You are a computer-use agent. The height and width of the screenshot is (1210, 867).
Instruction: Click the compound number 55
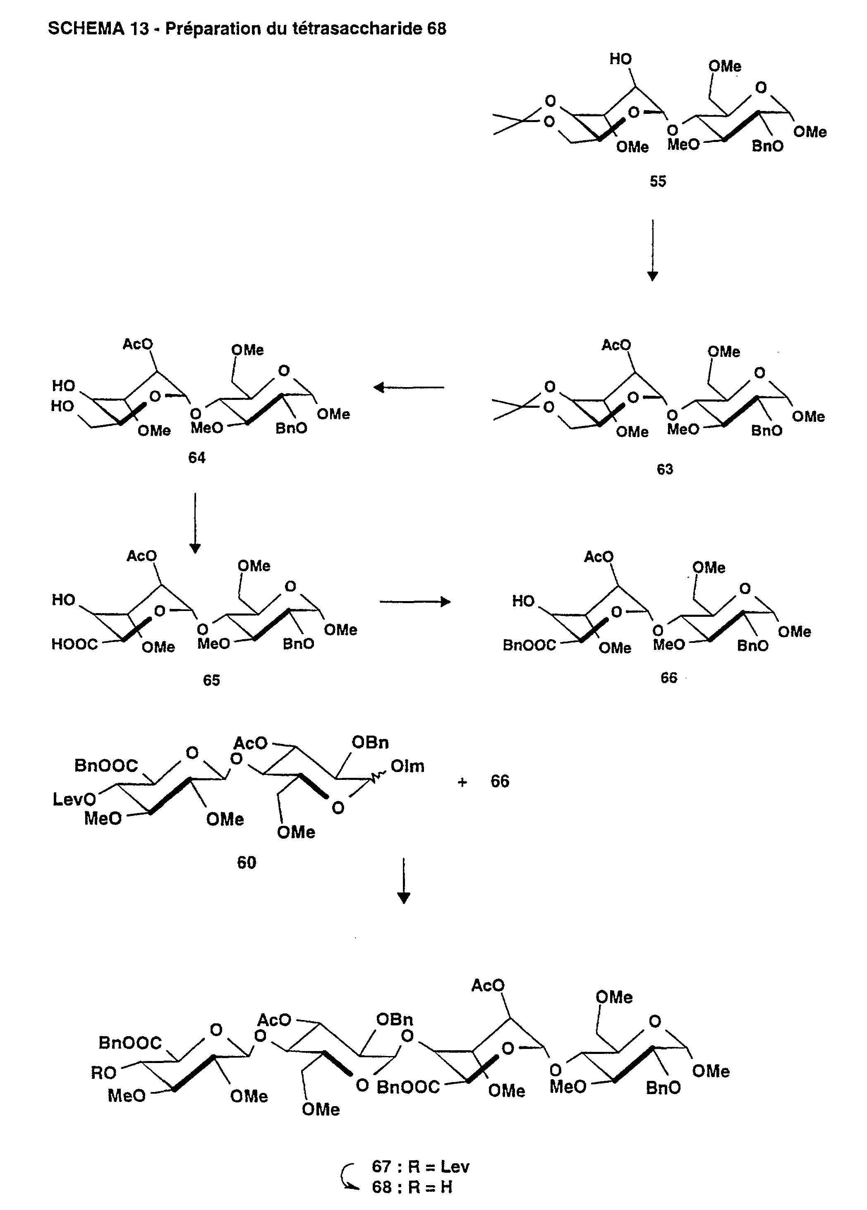(x=657, y=181)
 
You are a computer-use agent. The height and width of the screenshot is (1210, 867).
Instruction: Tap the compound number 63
(x=664, y=469)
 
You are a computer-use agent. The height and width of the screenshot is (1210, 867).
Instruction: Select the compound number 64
(x=197, y=457)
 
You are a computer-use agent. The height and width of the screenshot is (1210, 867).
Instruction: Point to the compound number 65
(x=211, y=680)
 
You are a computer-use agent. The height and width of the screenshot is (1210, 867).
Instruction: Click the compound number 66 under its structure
(x=668, y=678)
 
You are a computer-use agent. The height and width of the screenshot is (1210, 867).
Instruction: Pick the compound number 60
(x=247, y=863)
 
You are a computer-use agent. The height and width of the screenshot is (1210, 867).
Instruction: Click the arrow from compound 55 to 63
(x=652, y=250)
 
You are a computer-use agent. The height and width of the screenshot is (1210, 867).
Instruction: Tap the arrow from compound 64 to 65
(x=195, y=523)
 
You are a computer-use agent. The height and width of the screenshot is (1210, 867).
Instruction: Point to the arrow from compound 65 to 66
(x=415, y=602)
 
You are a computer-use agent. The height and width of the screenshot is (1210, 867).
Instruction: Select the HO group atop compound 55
(x=620, y=59)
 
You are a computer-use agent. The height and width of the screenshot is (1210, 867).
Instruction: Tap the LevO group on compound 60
(x=74, y=799)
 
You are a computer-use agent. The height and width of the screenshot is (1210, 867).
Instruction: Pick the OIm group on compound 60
(x=407, y=767)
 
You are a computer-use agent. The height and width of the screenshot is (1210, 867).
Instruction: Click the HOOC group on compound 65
(x=74, y=644)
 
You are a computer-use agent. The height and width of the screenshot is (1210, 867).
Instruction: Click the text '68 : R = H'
(x=412, y=1187)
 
